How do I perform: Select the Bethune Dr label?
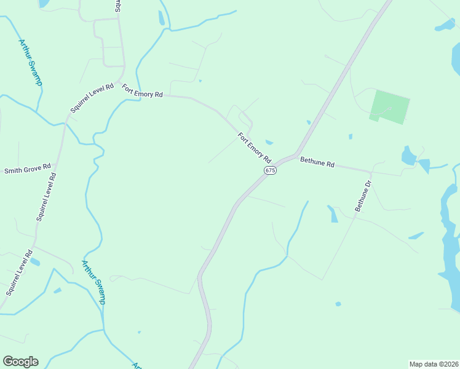(x=363, y=196)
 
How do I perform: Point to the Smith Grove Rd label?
(x=27, y=170)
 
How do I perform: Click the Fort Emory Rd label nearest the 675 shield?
(x=255, y=148)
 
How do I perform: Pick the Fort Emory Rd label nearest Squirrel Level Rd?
(x=142, y=90)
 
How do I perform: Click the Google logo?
(x=20, y=362)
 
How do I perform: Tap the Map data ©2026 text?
(x=434, y=364)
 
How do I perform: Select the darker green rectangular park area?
(x=389, y=106)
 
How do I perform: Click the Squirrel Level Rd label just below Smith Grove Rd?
(x=46, y=196)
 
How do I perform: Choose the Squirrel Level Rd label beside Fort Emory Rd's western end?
(x=92, y=98)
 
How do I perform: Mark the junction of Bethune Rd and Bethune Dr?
(x=371, y=172)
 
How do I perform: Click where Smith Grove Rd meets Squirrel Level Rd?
(x=55, y=167)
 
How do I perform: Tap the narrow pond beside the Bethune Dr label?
(x=333, y=213)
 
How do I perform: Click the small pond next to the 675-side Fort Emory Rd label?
(x=269, y=143)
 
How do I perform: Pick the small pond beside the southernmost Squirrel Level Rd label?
(x=35, y=262)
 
